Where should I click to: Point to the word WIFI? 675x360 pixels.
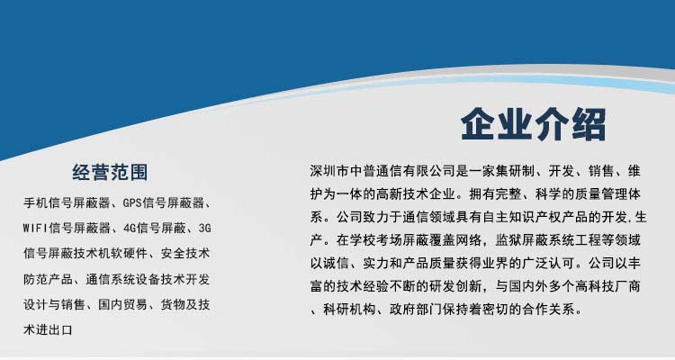point(36,227)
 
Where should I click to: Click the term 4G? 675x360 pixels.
point(132,227)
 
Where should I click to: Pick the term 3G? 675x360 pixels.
point(205,227)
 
